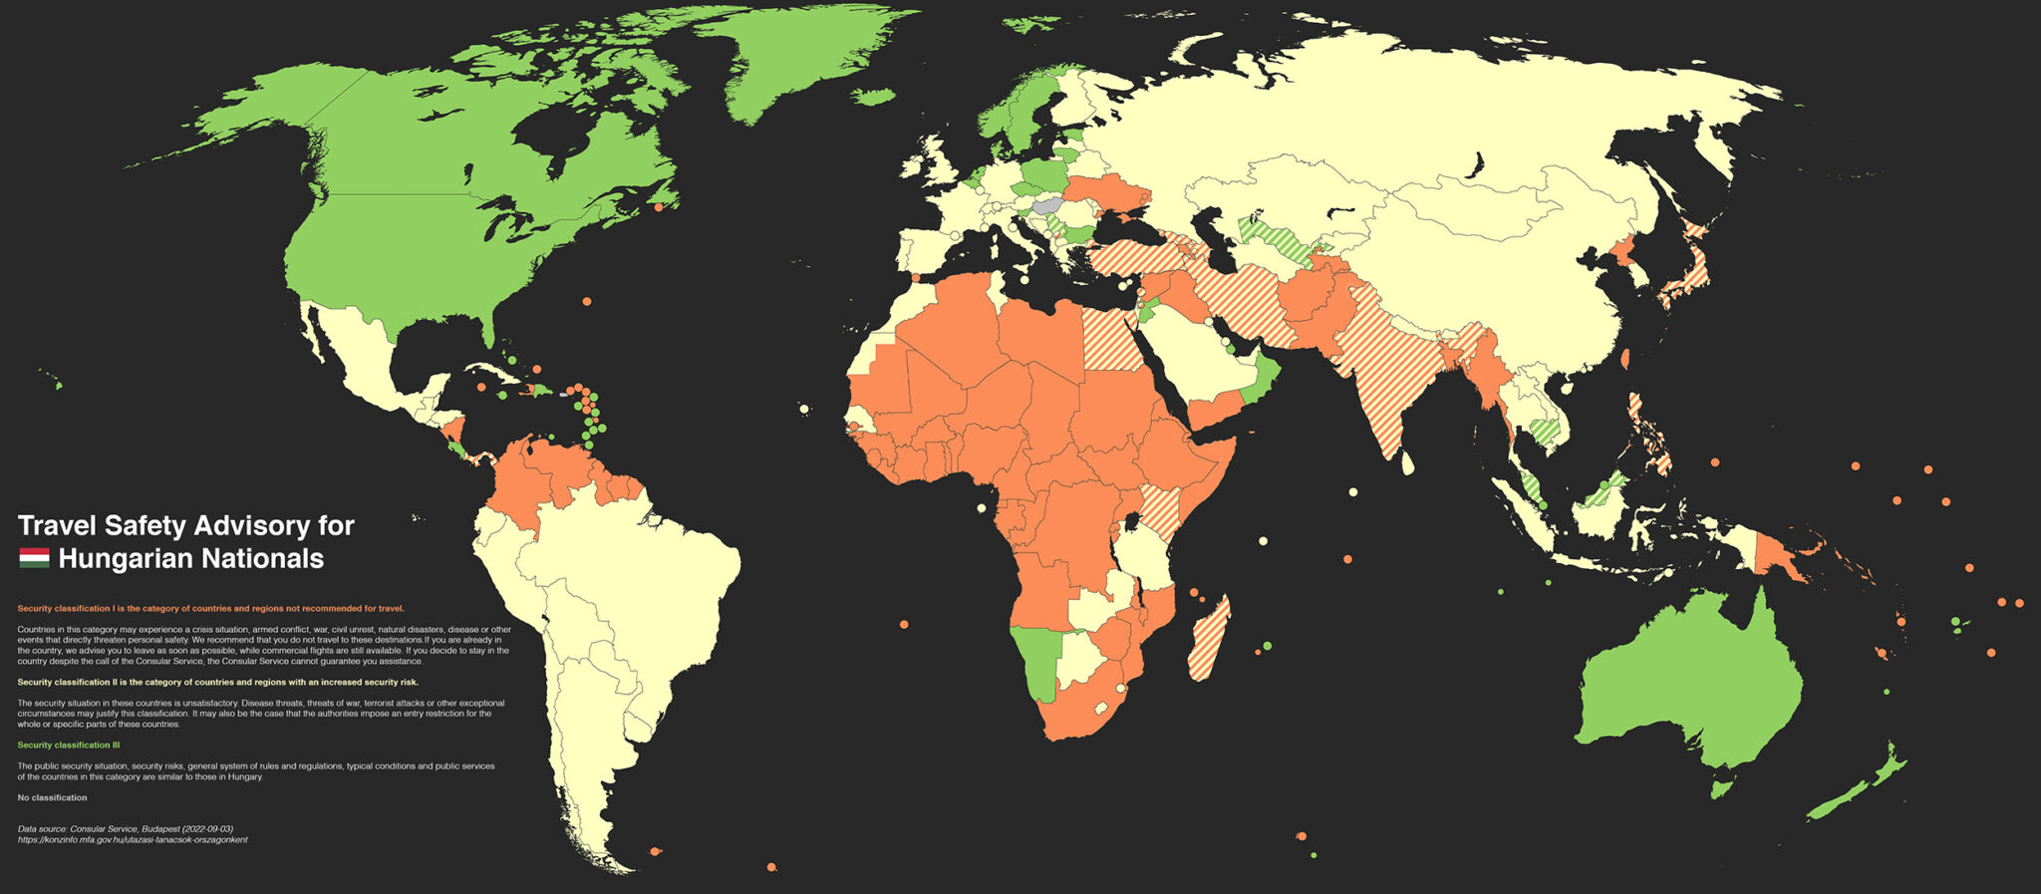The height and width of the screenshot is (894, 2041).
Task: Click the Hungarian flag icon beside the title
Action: [34, 558]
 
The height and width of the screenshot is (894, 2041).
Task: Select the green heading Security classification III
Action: [69, 745]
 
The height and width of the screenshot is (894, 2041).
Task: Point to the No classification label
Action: [52, 797]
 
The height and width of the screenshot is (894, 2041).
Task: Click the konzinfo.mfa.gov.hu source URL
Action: [133, 839]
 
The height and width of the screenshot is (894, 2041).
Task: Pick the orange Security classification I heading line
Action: [210, 608]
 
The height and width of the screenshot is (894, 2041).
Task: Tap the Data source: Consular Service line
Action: [126, 828]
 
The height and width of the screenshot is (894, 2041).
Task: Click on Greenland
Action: [797, 60]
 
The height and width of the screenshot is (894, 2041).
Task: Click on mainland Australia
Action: [1694, 678]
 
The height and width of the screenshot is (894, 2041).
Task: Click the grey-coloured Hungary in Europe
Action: [1047, 203]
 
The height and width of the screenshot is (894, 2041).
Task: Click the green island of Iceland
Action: [874, 96]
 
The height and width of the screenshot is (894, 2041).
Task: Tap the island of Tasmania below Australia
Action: [1719, 789]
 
